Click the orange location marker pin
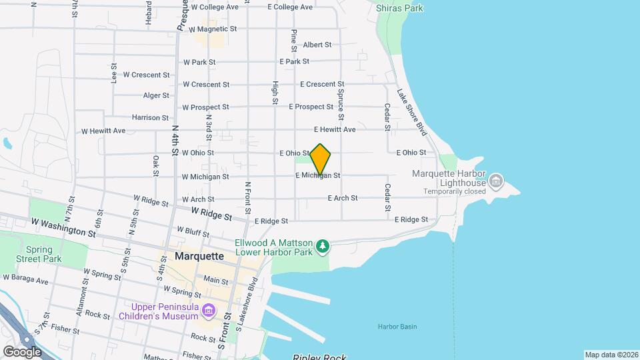[x=321, y=159]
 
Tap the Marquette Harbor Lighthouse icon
[x=496, y=181]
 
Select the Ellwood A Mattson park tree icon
[x=323, y=247]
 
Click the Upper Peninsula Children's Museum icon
[x=209, y=311]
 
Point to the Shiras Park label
[x=399, y=8]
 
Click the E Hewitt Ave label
[x=335, y=129]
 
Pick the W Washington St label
[x=63, y=227]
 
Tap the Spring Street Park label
[x=39, y=254]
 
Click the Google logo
[x=22, y=351]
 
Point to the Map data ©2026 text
[x=611, y=355]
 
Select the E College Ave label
[x=290, y=7]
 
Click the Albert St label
[x=317, y=45]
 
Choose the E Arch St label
[x=343, y=198]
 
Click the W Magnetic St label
[x=213, y=29]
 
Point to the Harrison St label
[x=145, y=117]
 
